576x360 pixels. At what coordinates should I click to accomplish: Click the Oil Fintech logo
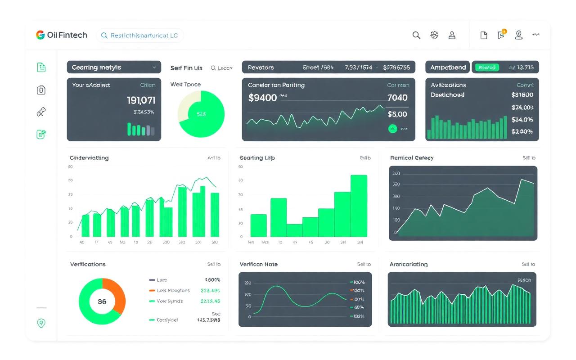(61, 35)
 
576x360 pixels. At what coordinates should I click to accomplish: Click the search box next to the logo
(139, 36)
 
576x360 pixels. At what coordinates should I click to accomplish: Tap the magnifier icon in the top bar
(416, 35)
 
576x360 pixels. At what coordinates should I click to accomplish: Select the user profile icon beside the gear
(452, 35)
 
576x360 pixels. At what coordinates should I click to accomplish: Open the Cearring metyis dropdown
(114, 67)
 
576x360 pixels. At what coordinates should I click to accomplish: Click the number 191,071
(141, 100)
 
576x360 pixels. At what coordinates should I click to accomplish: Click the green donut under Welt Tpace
(201, 114)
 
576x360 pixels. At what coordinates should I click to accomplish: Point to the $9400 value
(262, 98)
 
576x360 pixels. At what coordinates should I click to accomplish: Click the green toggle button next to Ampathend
(487, 67)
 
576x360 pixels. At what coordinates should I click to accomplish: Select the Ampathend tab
(448, 67)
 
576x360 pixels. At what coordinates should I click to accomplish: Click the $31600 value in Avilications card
(522, 95)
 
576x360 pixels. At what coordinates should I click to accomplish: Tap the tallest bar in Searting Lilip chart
(359, 206)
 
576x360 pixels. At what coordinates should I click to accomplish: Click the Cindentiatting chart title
(89, 158)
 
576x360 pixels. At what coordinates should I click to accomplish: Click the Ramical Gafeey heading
(412, 158)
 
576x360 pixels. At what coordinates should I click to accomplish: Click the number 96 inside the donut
(102, 301)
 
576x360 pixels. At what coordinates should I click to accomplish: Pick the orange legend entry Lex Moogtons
(173, 291)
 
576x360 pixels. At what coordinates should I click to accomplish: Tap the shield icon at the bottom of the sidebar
(41, 323)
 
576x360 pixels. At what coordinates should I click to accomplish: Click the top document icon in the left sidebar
(41, 67)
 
